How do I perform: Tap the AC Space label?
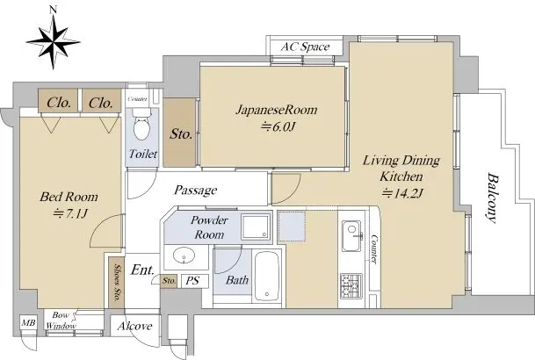click(x=305, y=47)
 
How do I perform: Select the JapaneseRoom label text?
click(x=277, y=110)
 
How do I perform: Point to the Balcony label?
click(x=492, y=198)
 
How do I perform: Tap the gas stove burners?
click(x=351, y=285)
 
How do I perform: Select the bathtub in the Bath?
click(x=267, y=277)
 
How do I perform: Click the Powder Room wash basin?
click(x=184, y=256)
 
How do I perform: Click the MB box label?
click(x=28, y=322)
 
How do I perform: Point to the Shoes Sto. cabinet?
click(x=116, y=283)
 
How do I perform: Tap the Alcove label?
click(x=134, y=326)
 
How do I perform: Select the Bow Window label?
click(x=61, y=320)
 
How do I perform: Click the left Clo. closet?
click(x=58, y=101)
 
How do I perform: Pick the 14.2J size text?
click(x=402, y=193)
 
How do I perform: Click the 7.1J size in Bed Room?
click(x=70, y=213)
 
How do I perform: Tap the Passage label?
click(x=196, y=191)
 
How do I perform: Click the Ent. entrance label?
click(x=142, y=270)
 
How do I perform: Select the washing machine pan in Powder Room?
click(x=256, y=227)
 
